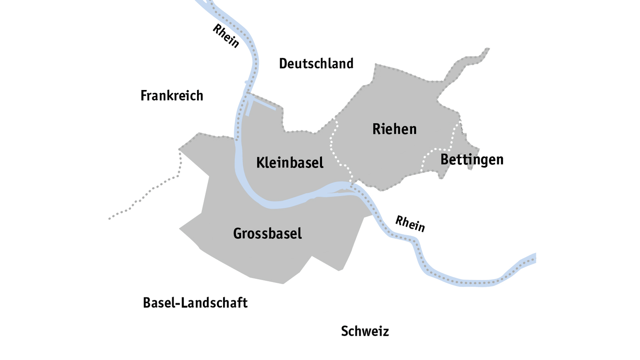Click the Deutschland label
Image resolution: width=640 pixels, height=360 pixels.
click(x=316, y=63)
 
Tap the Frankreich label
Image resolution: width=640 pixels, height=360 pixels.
click(x=172, y=96)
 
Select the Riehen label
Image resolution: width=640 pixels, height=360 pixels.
click(x=394, y=129)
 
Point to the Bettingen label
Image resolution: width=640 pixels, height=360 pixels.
click(x=472, y=160)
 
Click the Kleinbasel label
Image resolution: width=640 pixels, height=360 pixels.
click(x=289, y=163)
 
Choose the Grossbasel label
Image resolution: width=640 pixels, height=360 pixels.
click(x=267, y=233)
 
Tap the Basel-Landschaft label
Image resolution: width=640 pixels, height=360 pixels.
click(x=195, y=303)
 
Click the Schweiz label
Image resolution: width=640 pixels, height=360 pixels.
click(x=365, y=331)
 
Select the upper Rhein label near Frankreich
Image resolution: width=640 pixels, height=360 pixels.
click(x=226, y=36)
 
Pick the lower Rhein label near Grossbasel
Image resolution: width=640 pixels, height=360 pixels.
click(x=410, y=223)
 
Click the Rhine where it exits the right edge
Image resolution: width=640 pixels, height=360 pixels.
click(x=533, y=258)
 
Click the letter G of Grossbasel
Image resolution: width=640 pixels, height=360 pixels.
click(x=237, y=233)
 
